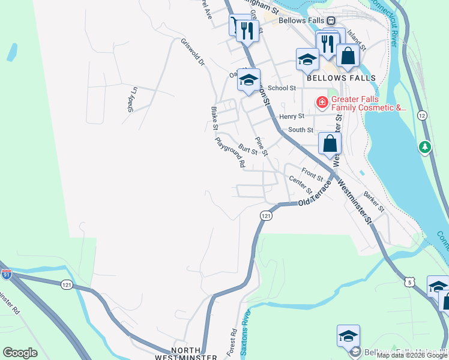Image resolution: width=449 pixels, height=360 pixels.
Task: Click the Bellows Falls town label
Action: tap(341, 78)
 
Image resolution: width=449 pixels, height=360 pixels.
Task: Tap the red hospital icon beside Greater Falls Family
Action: tap(322, 103)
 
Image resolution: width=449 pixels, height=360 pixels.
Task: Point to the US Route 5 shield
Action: tap(410, 281)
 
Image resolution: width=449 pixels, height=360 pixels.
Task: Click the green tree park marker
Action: tap(425, 146)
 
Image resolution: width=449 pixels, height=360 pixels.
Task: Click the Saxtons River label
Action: tap(246, 326)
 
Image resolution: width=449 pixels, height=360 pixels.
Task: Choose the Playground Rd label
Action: tap(231, 152)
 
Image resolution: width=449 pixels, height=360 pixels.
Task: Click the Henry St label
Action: tap(292, 116)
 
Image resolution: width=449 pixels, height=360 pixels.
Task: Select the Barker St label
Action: tap(373, 202)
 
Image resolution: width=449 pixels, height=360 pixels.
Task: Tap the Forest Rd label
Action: tap(233, 340)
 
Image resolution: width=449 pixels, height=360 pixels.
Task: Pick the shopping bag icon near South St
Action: tap(330, 143)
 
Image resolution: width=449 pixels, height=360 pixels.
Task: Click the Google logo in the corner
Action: tap(20, 353)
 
